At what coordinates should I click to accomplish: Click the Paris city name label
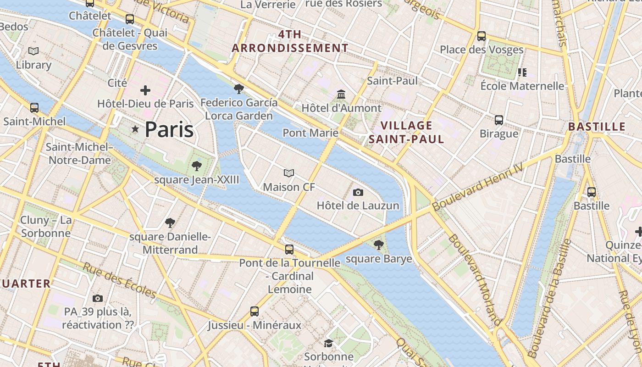coord(169,130)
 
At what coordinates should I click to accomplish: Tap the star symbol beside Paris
coord(135,129)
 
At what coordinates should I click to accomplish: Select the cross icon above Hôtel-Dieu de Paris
coord(145,90)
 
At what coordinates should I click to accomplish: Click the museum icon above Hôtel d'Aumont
coord(341,95)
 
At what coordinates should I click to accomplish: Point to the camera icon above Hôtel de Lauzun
coord(358,192)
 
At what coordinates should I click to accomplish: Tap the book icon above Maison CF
coord(289,173)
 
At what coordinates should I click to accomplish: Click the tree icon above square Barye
coord(379,245)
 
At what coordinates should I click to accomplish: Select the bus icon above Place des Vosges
coord(481,36)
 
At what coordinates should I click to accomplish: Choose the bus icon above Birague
coord(499,120)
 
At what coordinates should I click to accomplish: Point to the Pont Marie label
coord(310,133)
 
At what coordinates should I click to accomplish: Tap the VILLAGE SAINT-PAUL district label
coord(407,132)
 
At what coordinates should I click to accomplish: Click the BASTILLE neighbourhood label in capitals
coord(597,127)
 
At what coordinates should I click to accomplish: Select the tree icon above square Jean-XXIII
coord(197,166)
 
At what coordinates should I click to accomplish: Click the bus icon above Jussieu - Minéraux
coord(255,311)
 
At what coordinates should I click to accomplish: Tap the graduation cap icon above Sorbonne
coord(328,343)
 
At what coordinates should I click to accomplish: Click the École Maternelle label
coord(522,86)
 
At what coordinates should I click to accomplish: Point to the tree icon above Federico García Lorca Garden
coord(238,89)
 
